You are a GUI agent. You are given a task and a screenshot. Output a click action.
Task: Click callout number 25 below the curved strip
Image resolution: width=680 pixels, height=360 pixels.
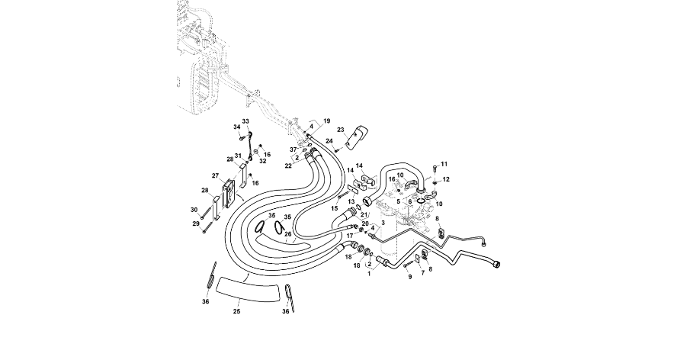click(x=236, y=312)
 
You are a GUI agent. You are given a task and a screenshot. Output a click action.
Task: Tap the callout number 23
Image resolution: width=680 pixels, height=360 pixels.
click(x=342, y=129)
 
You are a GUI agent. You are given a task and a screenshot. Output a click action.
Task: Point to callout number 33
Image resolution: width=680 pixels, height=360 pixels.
click(x=245, y=122)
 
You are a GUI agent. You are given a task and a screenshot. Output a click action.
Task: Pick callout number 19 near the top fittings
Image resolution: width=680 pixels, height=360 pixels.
click(x=326, y=121)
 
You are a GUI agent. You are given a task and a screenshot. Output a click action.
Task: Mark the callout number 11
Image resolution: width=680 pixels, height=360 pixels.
click(x=444, y=164)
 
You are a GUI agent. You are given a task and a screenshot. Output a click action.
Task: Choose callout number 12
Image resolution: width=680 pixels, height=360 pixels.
click(x=446, y=179)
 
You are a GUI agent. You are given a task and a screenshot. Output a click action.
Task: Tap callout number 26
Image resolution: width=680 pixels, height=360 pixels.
click(x=288, y=234)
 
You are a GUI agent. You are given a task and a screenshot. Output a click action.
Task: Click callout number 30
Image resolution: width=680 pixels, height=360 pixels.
click(x=194, y=209)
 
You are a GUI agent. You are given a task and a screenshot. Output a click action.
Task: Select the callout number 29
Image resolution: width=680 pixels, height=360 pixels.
click(x=195, y=223)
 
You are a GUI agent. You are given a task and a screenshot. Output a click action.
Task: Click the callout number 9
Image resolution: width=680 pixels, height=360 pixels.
click(x=409, y=276)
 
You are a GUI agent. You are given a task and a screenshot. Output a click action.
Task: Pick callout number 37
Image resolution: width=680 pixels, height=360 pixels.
click(x=292, y=149)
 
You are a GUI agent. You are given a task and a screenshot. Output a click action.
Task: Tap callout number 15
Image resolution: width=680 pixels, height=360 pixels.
click(x=335, y=207)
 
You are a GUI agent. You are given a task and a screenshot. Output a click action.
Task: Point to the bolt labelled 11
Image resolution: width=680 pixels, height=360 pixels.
click(x=435, y=167)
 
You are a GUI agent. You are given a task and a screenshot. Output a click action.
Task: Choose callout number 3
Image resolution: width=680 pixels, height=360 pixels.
click(x=383, y=222)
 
